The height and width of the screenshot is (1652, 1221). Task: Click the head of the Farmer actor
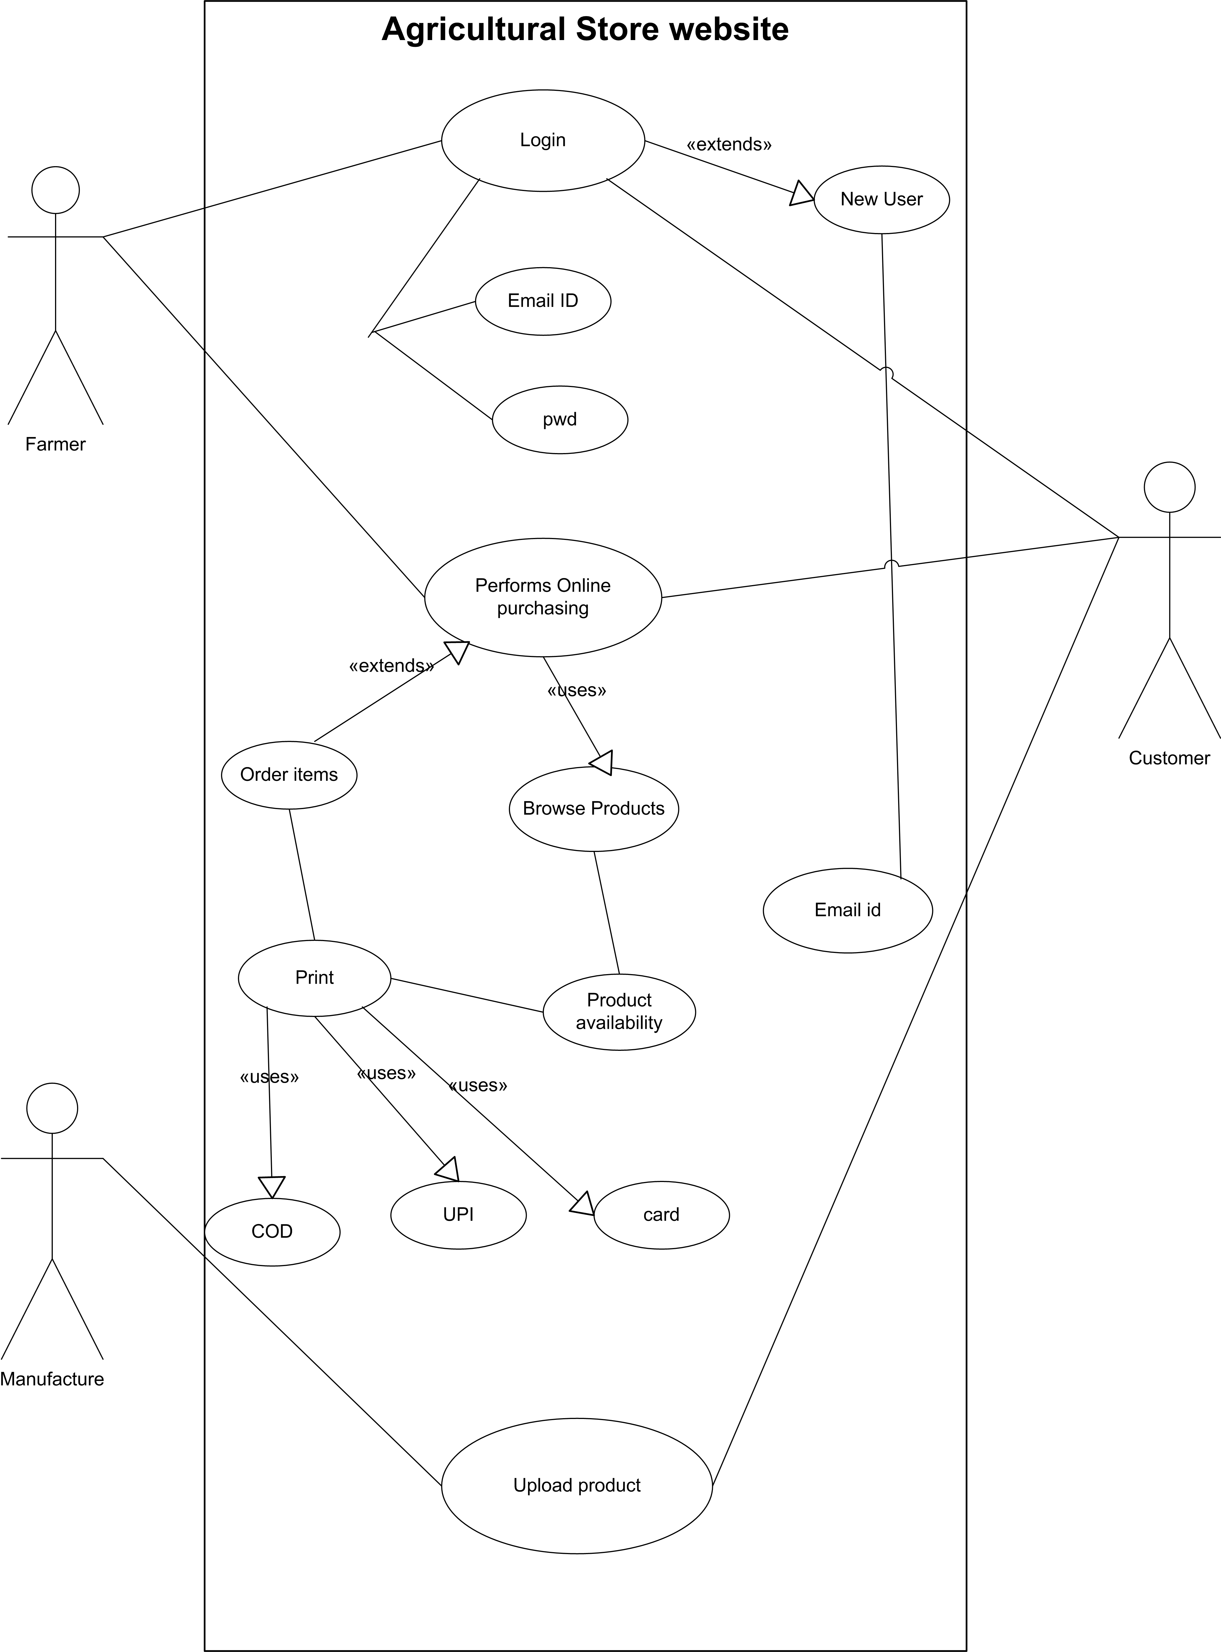point(55,190)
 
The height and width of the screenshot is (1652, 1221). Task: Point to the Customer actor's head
point(1169,487)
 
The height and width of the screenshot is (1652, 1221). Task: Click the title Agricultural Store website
point(585,30)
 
